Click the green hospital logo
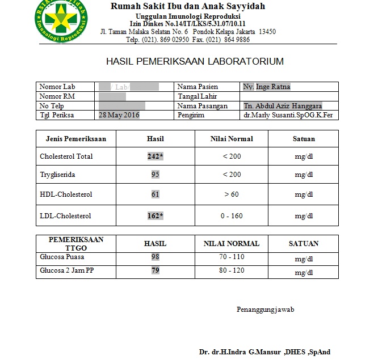click(x=58, y=21)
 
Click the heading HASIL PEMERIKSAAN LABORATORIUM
click(x=195, y=61)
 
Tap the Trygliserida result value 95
click(x=155, y=175)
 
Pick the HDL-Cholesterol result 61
click(x=155, y=194)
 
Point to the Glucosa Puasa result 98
click(x=155, y=257)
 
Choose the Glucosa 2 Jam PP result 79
click(x=155, y=270)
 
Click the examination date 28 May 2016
click(x=119, y=115)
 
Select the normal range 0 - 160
click(x=231, y=216)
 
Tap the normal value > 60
click(x=231, y=194)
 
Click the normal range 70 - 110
click(x=231, y=257)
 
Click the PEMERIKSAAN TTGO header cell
click(x=75, y=244)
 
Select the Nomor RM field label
click(x=58, y=96)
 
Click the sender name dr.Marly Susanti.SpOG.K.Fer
click(x=288, y=115)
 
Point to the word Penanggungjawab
click(x=265, y=310)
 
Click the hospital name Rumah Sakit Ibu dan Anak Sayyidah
click(x=187, y=7)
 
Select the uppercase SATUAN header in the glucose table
click(x=304, y=244)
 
